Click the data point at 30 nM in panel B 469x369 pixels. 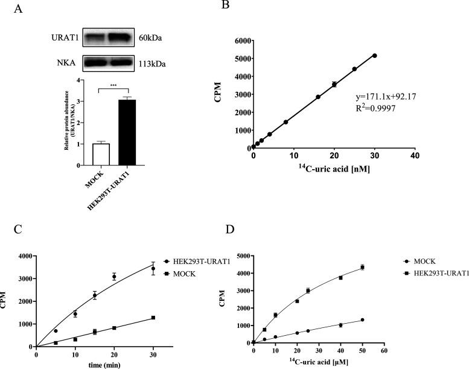click(x=374, y=56)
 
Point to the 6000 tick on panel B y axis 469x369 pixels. click(x=240, y=41)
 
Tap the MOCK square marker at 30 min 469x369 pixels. click(x=153, y=318)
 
